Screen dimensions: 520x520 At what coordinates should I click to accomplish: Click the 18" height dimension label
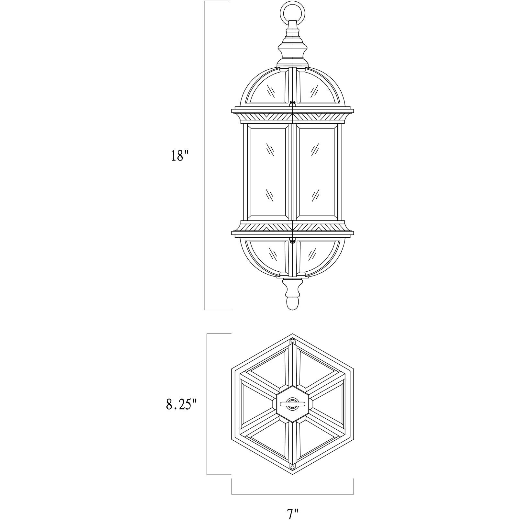tap(180, 156)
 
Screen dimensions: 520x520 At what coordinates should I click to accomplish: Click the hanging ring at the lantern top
tap(292, 11)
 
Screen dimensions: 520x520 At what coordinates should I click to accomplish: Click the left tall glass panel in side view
tap(268, 172)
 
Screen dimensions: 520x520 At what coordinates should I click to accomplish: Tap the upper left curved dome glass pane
tap(269, 89)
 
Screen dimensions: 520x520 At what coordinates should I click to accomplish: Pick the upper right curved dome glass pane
tap(316, 89)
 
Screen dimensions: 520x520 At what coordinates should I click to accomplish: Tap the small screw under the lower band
tap(292, 241)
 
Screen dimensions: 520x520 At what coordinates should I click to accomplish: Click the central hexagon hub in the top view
tap(292, 404)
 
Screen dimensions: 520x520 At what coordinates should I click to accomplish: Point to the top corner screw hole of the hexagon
tap(292, 341)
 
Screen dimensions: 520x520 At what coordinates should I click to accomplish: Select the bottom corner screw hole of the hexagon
tap(292, 467)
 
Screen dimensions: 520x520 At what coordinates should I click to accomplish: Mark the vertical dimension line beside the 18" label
tap(204, 155)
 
